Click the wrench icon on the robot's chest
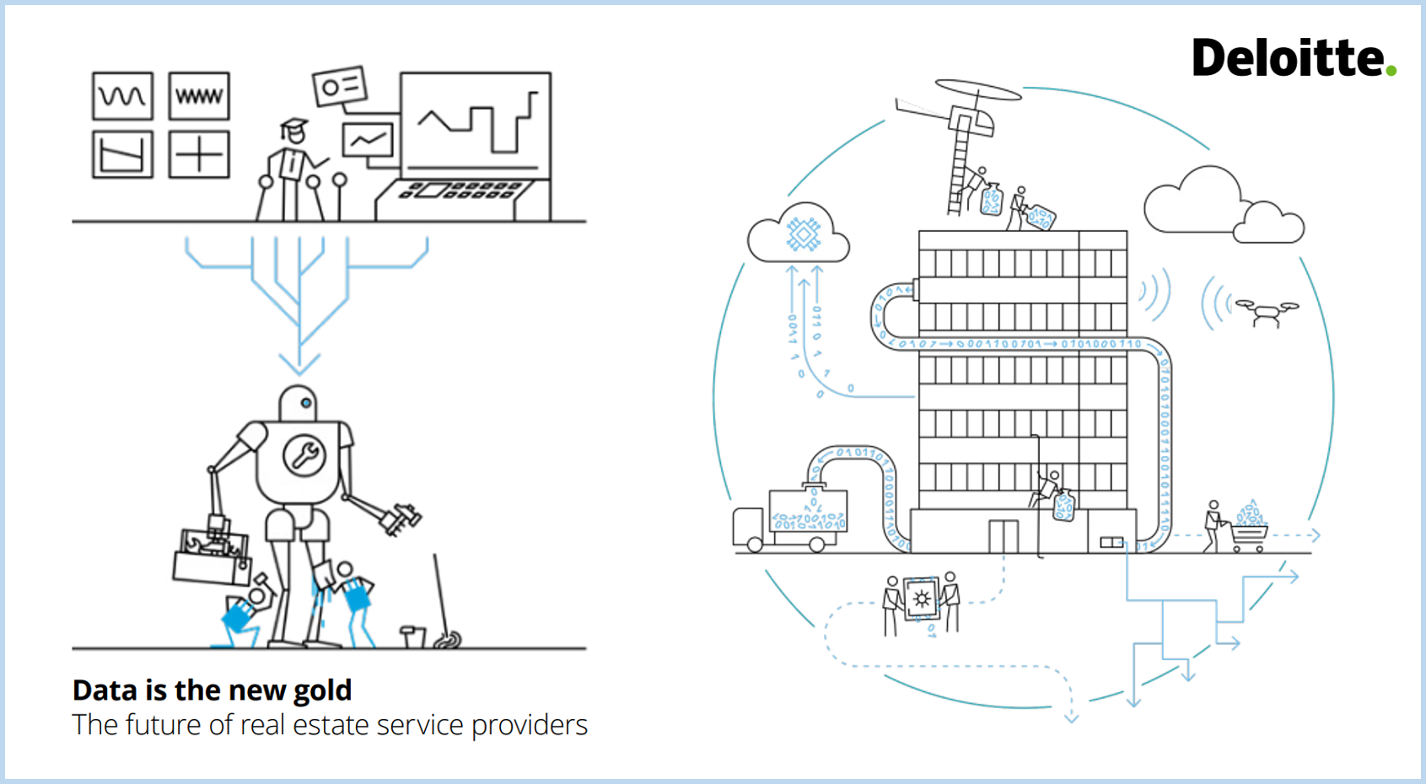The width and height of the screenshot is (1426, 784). [304, 455]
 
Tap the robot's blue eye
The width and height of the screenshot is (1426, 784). [305, 403]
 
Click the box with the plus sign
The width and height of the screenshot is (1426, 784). [199, 154]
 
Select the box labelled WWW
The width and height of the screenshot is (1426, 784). [199, 96]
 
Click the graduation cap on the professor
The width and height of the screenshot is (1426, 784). [293, 128]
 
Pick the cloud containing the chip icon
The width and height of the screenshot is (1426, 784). [799, 234]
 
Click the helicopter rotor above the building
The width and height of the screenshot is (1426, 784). [978, 89]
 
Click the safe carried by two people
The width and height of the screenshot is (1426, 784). [921, 599]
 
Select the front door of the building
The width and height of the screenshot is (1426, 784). [1004, 536]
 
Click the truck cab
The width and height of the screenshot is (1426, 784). [750, 529]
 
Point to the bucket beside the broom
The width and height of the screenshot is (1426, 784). [413, 636]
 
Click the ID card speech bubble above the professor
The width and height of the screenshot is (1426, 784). [340, 86]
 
